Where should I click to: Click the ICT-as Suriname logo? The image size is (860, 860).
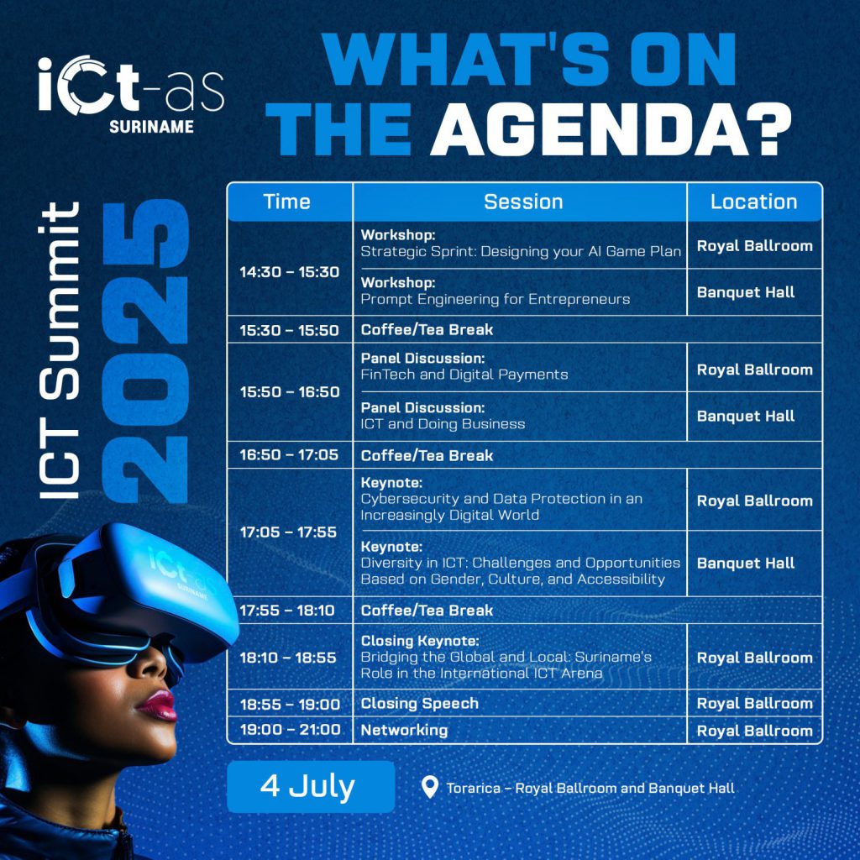(131, 94)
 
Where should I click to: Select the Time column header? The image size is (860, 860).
(287, 202)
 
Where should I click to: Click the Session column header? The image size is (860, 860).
(523, 202)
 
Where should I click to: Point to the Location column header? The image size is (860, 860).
(753, 202)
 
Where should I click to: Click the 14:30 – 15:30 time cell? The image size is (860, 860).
(290, 272)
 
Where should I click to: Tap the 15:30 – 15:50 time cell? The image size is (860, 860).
(289, 330)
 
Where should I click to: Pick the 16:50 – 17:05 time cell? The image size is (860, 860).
(289, 454)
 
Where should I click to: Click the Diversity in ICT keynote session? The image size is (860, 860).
(520, 563)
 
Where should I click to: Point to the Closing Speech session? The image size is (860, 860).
(420, 703)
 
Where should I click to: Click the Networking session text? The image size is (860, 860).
(404, 730)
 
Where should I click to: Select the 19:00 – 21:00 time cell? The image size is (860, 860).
(290, 730)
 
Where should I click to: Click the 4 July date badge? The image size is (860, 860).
(311, 786)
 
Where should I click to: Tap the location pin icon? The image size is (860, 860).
(429, 787)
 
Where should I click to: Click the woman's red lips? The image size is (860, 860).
(158, 705)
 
